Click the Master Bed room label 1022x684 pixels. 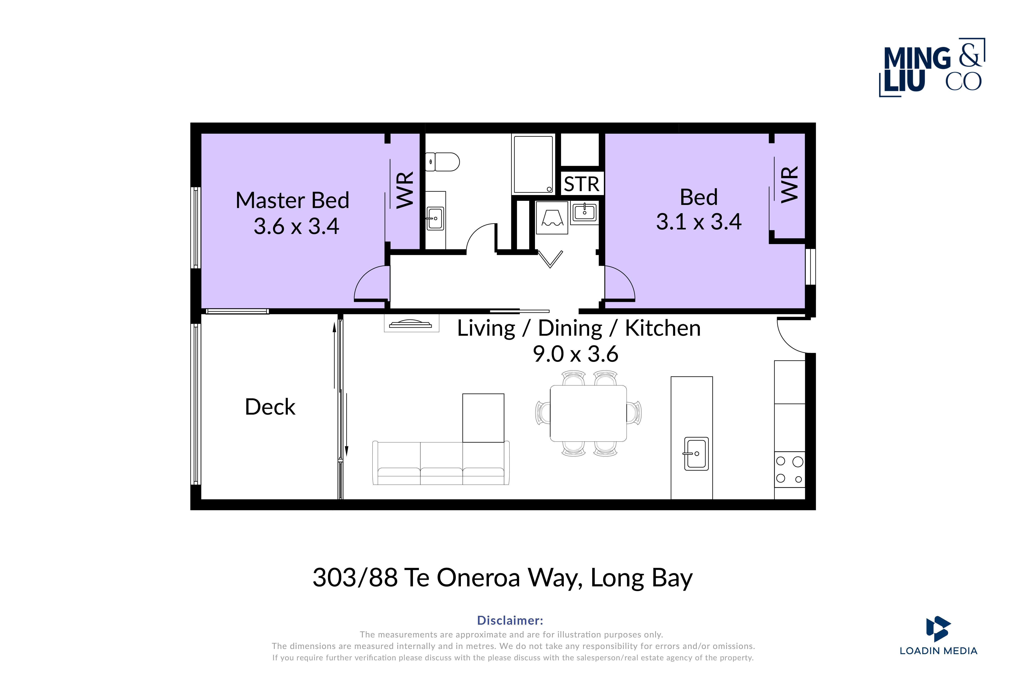(x=292, y=200)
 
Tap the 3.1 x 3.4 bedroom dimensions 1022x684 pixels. (x=699, y=222)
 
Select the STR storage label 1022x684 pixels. (x=581, y=184)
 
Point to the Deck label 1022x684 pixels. (x=270, y=407)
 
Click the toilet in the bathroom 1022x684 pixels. (x=442, y=162)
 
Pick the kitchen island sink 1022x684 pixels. (x=696, y=454)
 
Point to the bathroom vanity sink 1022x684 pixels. (x=435, y=218)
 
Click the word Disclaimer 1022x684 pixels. (x=510, y=620)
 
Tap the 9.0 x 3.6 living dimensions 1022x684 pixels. (x=575, y=354)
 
